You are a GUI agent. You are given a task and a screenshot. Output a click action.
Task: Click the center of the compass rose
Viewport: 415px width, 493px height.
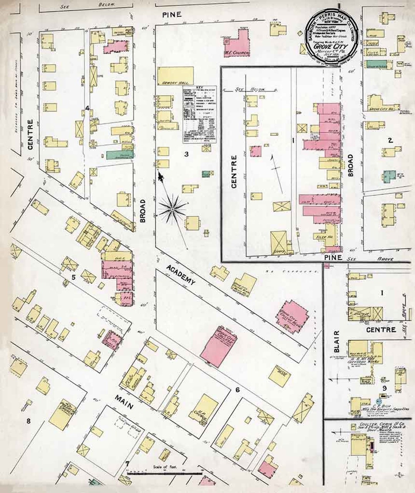(x=173, y=209)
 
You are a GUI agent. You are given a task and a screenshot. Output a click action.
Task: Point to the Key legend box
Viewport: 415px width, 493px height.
(x=198, y=114)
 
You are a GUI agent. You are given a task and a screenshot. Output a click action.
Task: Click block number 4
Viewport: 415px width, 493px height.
(x=88, y=109)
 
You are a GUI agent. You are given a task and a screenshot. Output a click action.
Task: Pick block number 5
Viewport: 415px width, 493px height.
(x=74, y=276)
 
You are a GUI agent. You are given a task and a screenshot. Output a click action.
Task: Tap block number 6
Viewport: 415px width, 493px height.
(x=237, y=390)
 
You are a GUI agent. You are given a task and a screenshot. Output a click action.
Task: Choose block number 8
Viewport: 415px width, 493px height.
(x=28, y=421)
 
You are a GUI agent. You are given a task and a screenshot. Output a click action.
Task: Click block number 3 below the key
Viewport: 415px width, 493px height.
(x=186, y=154)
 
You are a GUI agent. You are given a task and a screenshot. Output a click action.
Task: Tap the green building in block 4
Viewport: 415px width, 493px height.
(x=120, y=155)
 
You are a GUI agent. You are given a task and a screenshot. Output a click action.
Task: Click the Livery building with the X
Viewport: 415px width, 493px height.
(x=279, y=242)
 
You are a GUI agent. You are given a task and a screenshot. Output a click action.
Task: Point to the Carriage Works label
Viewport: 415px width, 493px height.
(x=358, y=362)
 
